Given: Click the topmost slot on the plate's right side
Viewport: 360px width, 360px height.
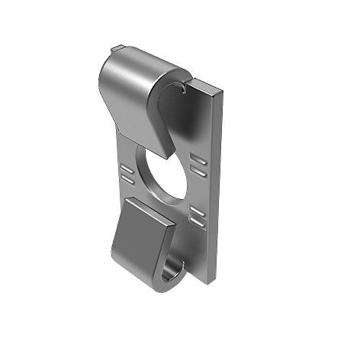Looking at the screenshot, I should pyautogui.click(x=199, y=156).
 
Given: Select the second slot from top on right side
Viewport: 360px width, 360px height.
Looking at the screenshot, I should pyautogui.click(x=199, y=167).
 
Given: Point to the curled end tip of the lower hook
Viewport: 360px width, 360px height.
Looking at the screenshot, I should pyautogui.click(x=183, y=263).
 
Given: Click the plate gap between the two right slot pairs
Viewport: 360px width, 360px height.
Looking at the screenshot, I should pyautogui.click(x=198, y=188).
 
